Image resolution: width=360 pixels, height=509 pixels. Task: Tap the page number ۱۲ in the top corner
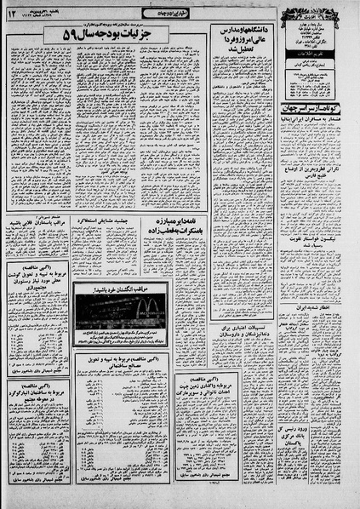(x=12, y=11)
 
